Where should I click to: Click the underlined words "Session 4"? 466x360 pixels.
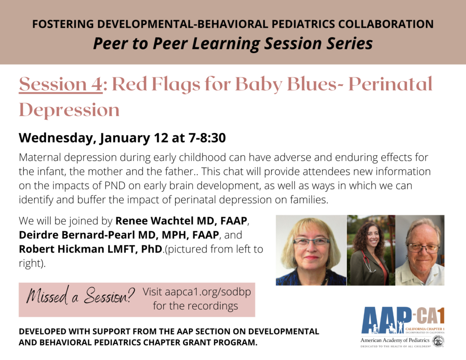pos(61,84)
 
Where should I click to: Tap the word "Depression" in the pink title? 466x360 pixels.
pos(69,110)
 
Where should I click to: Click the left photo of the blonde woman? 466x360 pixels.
pos(311,250)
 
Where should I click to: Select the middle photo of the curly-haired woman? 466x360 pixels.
pos(370,250)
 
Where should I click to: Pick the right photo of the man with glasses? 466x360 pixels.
pos(420,250)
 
